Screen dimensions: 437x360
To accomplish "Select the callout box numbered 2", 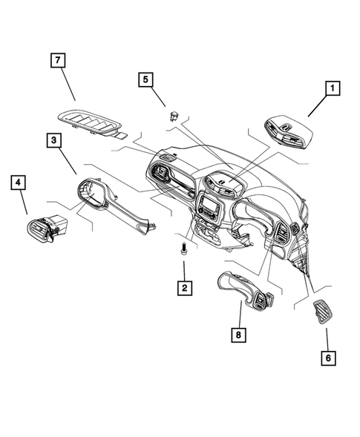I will pos(182,286).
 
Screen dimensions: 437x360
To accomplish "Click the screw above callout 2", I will pos(182,251).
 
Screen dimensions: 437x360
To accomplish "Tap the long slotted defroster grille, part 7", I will pos(94,122).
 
